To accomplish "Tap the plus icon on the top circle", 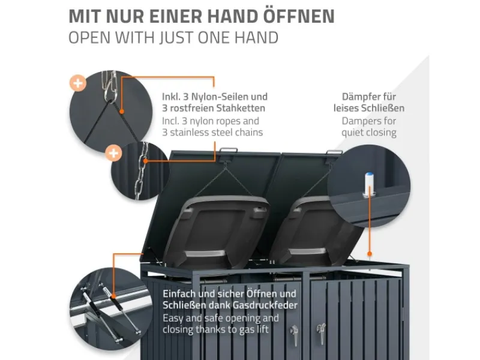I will coord(77,83).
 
